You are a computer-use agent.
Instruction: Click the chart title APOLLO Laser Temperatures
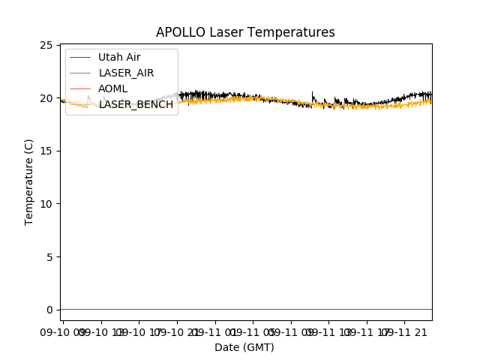245,32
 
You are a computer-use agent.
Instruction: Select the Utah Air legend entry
119,57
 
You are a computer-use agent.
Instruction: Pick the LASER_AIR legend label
126,73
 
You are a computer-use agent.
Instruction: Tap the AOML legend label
112,88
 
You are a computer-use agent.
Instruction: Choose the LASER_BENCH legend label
136,104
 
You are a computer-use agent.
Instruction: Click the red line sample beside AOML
81,88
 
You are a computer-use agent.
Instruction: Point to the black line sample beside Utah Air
81,57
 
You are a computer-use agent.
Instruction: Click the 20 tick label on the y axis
46,98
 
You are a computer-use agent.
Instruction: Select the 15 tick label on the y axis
46,151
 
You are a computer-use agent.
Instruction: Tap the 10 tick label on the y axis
46,204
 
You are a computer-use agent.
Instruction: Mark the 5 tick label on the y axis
49,257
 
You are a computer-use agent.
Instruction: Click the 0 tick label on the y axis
49,310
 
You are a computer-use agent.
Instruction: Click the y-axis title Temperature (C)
28,181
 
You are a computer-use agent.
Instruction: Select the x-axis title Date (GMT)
244,347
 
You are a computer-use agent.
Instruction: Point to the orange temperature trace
375,106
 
